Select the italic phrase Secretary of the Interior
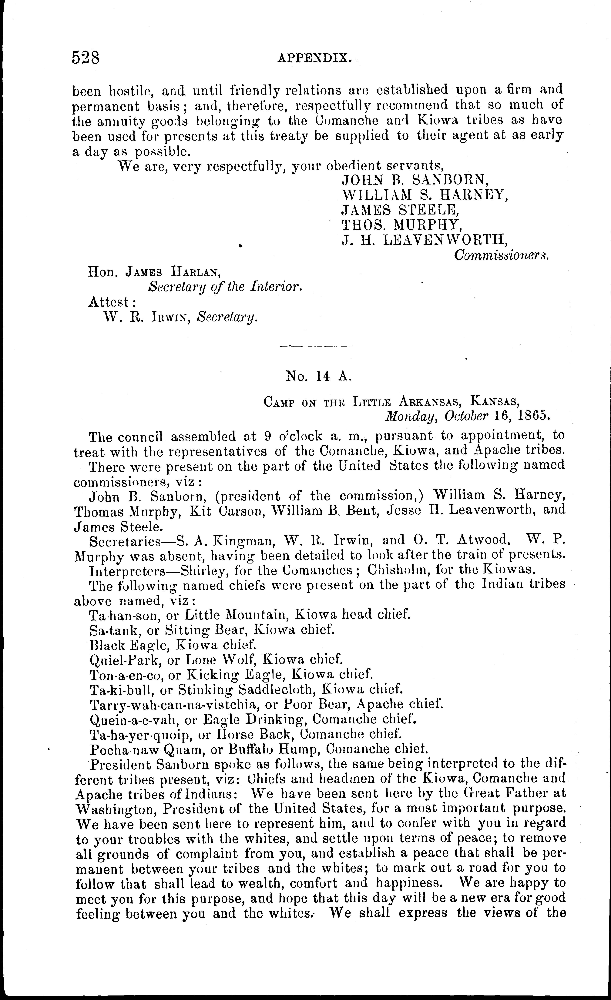point(225,287)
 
